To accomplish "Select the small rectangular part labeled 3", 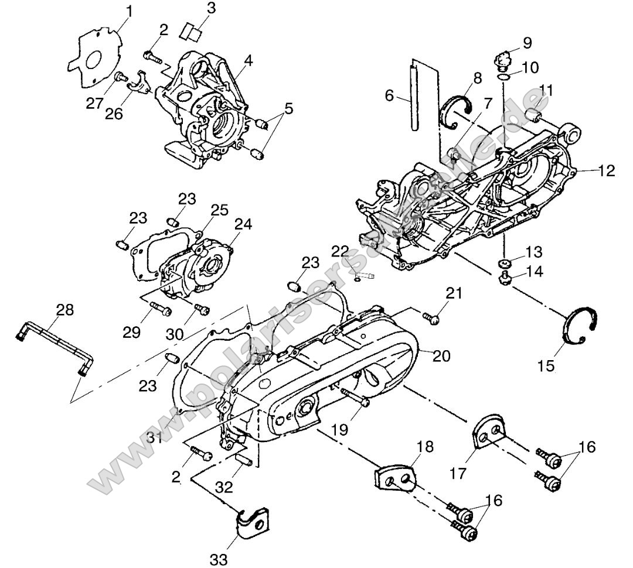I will pyautogui.click(x=190, y=30).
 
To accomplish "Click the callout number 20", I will pyautogui.click(x=443, y=355).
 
